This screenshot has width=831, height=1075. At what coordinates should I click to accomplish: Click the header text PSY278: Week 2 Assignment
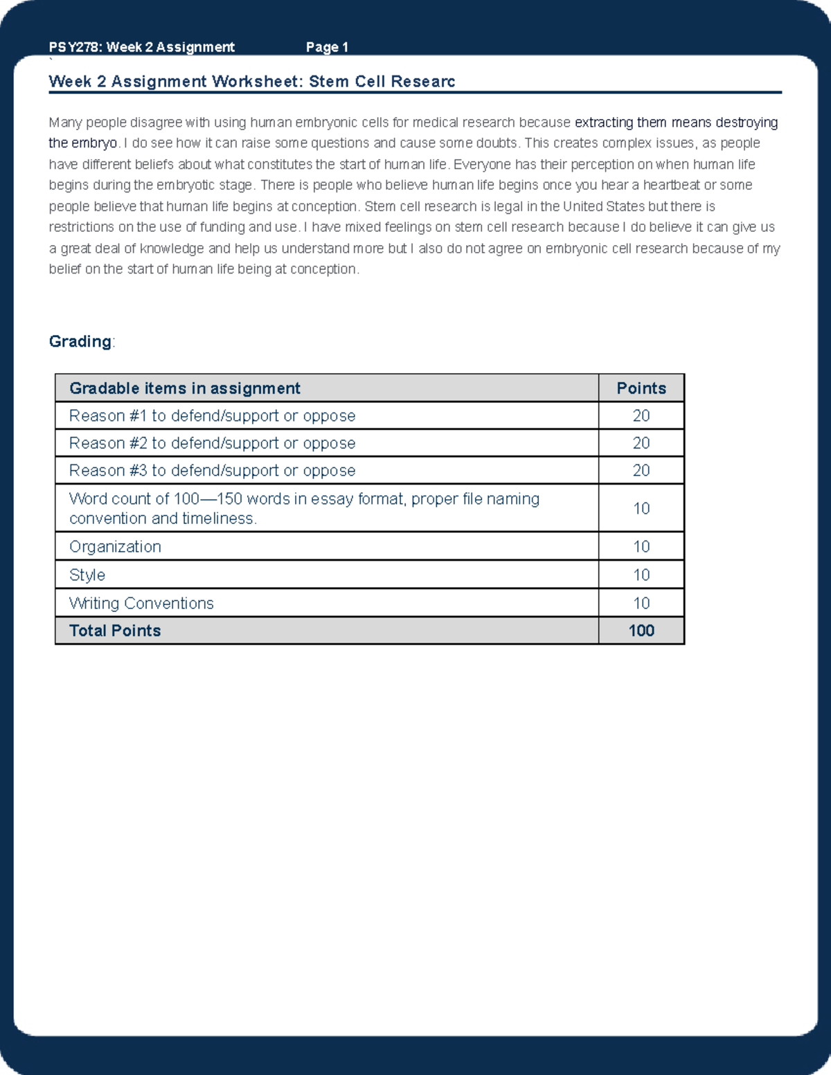tap(141, 47)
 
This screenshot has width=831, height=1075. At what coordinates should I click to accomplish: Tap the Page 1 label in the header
tap(327, 47)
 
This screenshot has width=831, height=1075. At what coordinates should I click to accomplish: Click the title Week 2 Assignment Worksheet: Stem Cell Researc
tap(251, 82)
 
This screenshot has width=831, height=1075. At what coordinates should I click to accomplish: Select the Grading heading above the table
tap(80, 341)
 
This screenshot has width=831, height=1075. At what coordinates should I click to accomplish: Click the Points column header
tap(641, 388)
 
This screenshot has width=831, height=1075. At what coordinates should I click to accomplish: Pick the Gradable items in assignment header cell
tap(185, 388)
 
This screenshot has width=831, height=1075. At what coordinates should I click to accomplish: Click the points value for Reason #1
tap(641, 416)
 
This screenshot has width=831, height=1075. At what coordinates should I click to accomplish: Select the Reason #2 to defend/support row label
tap(212, 443)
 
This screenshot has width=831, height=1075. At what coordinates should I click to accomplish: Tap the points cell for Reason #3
tap(641, 471)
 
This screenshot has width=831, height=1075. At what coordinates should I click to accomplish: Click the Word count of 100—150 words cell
tap(304, 508)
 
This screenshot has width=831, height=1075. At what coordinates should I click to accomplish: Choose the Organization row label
tap(115, 547)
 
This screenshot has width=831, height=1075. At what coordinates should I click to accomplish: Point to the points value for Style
tap(641, 575)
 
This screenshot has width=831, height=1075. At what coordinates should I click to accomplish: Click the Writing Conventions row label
tap(141, 604)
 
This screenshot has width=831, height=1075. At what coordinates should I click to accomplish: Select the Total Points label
tap(115, 631)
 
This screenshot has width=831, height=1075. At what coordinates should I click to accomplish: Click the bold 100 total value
tap(641, 631)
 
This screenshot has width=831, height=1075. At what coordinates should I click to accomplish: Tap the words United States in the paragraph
tap(603, 206)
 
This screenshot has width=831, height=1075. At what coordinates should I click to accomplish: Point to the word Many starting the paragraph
tap(65, 123)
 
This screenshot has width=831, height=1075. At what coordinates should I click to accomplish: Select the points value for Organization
tap(641, 547)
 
